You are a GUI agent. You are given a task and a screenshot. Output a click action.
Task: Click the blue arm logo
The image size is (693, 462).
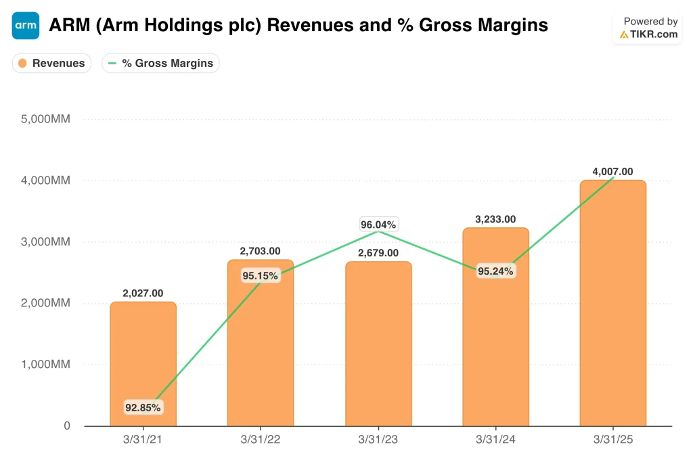26,26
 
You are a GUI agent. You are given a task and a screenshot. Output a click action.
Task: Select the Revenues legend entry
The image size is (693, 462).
51,63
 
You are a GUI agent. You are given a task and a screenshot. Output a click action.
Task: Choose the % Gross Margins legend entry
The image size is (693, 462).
161,63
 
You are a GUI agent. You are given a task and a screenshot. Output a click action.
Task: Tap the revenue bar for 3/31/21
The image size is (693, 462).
143,364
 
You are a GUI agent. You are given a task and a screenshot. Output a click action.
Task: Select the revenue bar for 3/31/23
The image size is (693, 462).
378,344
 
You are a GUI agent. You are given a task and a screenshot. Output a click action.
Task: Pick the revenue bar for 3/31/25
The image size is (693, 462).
613,303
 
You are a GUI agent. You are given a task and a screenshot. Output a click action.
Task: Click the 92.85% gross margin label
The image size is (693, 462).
143,407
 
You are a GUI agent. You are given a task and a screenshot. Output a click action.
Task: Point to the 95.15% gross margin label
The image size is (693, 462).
261,275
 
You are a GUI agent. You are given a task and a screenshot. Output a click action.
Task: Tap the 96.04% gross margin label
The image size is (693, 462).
378,225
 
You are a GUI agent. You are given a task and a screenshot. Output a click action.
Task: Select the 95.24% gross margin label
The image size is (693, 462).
495,271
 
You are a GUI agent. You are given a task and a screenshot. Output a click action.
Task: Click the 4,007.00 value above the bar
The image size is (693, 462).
612,171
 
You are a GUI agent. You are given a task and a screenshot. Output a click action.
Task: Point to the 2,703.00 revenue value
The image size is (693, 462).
260,251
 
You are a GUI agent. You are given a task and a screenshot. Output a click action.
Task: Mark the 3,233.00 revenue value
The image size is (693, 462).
495,219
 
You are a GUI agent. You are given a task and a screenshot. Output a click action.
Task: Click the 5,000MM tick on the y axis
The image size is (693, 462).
45,119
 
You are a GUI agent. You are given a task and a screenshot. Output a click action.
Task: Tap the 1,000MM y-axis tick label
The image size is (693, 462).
45,365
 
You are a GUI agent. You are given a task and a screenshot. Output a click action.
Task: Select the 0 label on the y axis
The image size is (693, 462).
67,425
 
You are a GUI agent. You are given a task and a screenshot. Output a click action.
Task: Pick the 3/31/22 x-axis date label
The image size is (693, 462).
261,440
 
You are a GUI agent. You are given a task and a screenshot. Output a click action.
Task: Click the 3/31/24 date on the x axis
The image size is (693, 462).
495,440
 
